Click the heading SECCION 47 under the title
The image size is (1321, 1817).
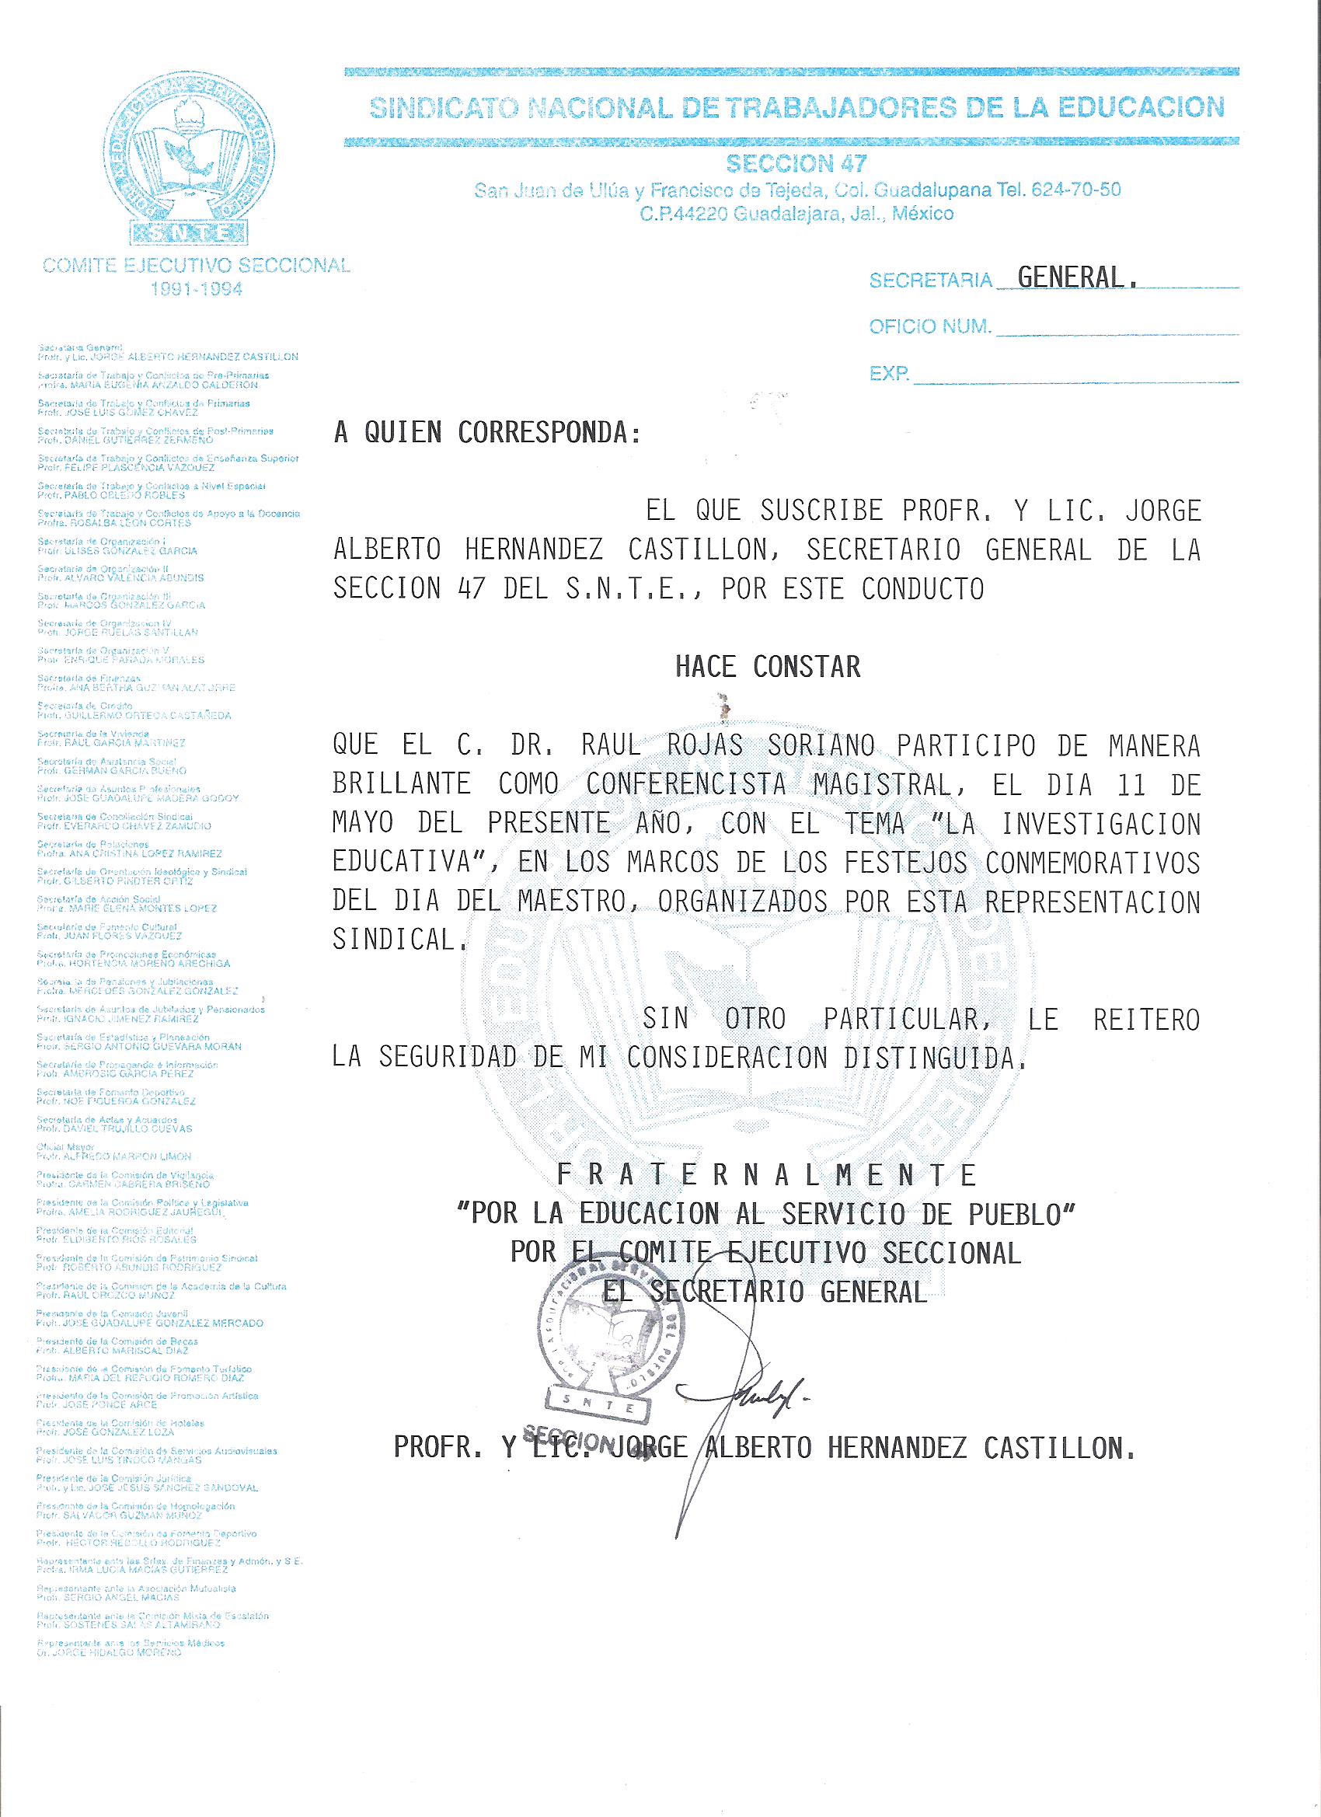796,164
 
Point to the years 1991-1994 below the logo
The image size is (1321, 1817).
197,289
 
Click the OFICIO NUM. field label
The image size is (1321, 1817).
930,327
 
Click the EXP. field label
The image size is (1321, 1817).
889,373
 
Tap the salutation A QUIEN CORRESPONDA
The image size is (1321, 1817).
488,434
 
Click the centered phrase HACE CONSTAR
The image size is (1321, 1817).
768,667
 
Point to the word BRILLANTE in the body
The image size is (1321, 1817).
401,783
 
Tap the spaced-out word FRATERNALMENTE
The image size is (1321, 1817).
767,1175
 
